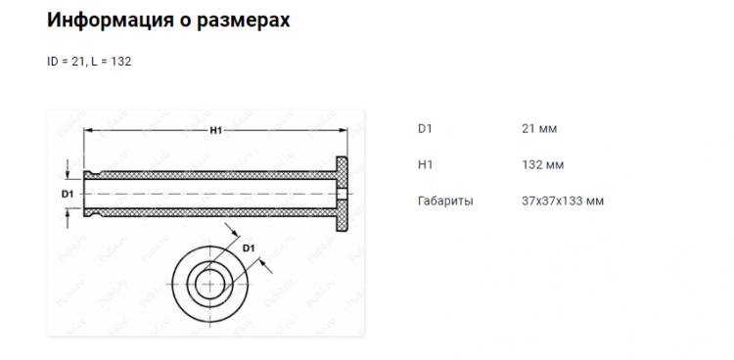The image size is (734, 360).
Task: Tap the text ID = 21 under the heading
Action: coord(66,61)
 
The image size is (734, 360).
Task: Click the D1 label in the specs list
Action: coord(425,128)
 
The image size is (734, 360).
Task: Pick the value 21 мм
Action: coord(540,128)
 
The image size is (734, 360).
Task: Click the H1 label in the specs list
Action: coord(425,164)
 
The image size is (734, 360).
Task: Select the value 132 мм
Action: coord(543,164)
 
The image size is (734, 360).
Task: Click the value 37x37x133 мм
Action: coord(563,201)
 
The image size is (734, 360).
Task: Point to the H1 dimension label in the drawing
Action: coord(214,132)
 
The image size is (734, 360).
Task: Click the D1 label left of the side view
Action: coord(67,195)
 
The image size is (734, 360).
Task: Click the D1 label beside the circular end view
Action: coord(249,247)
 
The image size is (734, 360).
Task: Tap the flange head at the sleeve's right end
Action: coord(344,194)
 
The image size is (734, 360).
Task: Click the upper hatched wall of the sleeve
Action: coord(210,176)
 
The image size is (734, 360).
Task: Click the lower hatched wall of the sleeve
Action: coord(210,211)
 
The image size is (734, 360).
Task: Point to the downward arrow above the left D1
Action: coord(67,170)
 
